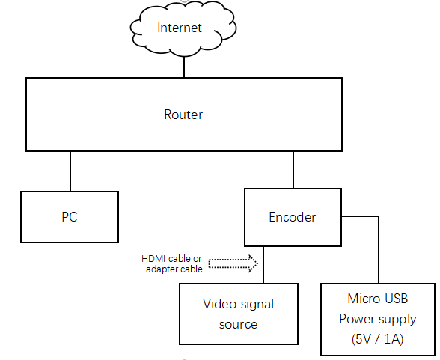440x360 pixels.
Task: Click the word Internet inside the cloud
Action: [180, 28]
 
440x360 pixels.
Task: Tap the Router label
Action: [183, 115]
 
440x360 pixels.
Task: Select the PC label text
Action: [70, 217]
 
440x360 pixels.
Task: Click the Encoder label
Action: [292, 217]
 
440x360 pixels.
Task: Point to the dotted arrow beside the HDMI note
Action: [233, 263]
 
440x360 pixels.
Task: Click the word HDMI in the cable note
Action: [154, 258]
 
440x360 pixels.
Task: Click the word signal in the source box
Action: [257, 305]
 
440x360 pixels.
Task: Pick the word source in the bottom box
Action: [238, 324]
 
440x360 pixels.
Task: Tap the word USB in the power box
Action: [397, 299]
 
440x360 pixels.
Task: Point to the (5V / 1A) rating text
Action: [377, 339]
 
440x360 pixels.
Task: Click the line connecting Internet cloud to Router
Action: [184, 67]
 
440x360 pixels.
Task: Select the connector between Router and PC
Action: [70, 171]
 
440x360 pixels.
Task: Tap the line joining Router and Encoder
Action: [293, 170]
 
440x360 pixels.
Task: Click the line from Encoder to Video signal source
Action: [263, 265]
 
